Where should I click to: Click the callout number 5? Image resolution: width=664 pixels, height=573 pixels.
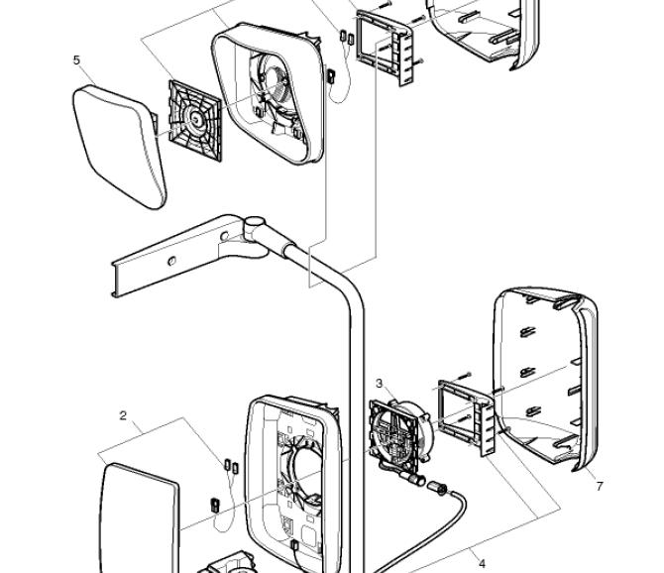[x=76, y=59]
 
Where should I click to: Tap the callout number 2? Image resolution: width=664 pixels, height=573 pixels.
[x=123, y=415]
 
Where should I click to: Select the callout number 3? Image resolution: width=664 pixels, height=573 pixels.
[x=379, y=383]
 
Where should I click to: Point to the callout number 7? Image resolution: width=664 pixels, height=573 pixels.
[x=600, y=486]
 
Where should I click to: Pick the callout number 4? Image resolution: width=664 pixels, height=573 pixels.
[x=483, y=563]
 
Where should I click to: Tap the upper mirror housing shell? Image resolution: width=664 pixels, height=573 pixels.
[x=268, y=94]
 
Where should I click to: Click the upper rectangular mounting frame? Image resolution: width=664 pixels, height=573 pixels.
[x=384, y=47]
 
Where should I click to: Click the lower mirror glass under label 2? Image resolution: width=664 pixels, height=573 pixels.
[x=139, y=516]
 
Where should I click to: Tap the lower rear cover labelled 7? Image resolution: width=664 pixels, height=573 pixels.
[x=545, y=377]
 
